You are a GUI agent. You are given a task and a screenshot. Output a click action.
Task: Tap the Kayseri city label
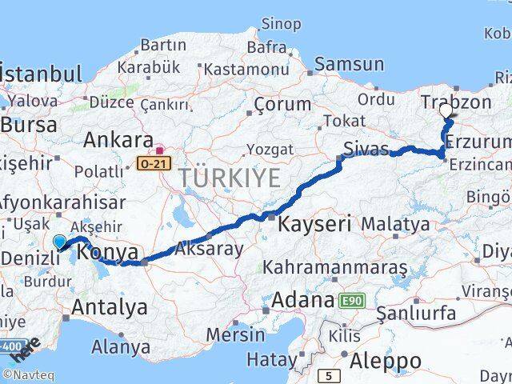coord(314,225)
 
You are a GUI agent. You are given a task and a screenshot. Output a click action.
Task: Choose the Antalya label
coord(110,306)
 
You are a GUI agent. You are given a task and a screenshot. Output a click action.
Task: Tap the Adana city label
coord(302,301)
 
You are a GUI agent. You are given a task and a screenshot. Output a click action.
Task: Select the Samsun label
coord(350,65)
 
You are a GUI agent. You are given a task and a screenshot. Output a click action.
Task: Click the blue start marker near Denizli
coord(60,241)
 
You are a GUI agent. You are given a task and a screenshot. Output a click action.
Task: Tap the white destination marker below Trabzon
coord(446,113)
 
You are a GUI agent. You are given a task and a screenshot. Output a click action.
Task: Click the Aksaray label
coord(208,249)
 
